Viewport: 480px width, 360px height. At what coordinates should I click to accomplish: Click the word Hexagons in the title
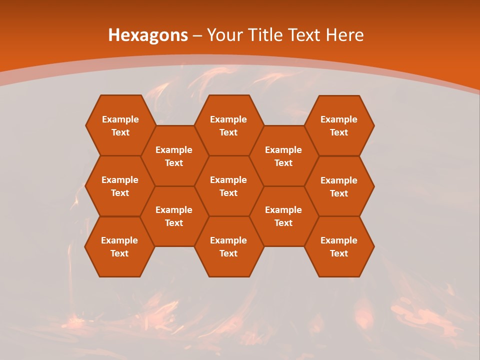coord(148,35)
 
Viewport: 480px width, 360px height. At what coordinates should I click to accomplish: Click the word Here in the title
coord(344,35)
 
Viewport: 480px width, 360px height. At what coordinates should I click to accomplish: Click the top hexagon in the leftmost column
coord(120,125)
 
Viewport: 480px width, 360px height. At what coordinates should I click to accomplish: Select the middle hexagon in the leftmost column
coord(120,186)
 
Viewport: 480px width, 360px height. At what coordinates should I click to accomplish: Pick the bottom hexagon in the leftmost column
coord(119,246)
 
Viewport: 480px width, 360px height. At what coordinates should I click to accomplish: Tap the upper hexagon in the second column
coord(174,156)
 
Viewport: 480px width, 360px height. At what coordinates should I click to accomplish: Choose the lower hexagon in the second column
coord(174,216)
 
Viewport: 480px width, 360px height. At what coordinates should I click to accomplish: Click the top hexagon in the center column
coord(228,125)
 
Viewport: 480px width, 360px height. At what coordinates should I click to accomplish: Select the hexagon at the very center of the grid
coord(228,186)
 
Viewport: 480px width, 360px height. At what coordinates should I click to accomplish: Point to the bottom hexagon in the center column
coord(228,246)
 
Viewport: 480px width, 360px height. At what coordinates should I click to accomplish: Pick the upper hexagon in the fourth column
coord(283,156)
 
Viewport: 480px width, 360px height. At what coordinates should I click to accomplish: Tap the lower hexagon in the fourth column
coord(283,216)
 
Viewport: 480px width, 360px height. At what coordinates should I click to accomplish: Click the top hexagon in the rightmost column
coord(339,125)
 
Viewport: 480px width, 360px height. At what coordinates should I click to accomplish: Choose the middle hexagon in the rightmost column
coord(339,186)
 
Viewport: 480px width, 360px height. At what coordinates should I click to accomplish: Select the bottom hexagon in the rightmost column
coord(339,246)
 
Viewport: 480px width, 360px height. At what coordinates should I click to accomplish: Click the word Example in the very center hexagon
coord(228,180)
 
